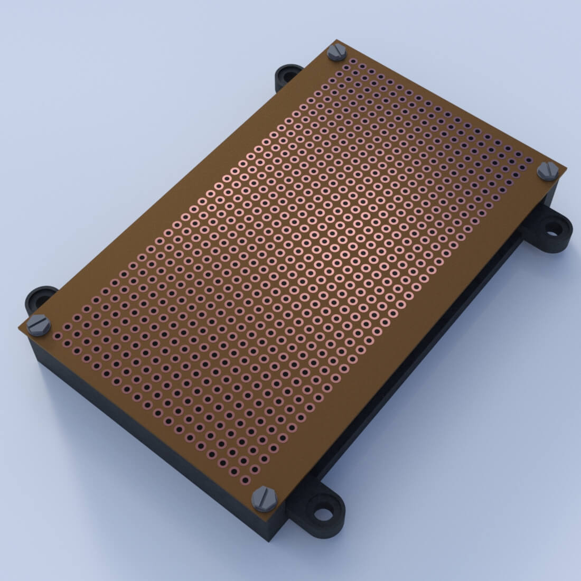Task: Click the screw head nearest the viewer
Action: click(264, 499)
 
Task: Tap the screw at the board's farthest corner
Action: click(336, 52)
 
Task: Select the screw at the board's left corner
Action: click(39, 325)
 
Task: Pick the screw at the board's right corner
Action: click(548, 171)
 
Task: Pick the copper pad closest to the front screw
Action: click(246, 480)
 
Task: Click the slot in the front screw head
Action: click(264, 498)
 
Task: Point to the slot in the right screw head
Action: click(548, 170)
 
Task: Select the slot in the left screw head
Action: click(39, 325)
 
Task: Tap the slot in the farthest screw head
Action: click(336, 52)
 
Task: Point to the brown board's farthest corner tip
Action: click(334, 40)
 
